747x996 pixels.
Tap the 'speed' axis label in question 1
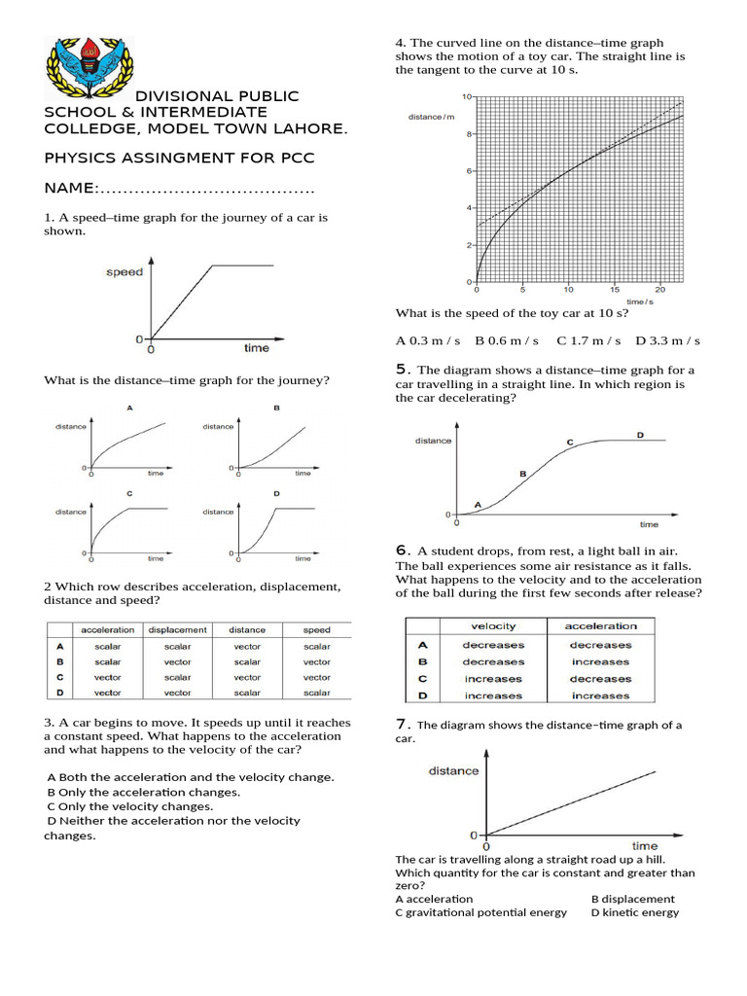coord(124,272)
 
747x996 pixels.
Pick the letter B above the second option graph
coord(276,408)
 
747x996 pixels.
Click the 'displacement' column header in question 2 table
coord(178,629)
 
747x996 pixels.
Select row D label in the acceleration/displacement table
coord(60,693)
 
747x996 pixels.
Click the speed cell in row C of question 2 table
coord(317,677)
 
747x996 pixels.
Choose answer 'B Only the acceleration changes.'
coord(143,792)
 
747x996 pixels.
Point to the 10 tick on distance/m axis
coord(467,97)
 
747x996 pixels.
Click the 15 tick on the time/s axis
coord(615,290)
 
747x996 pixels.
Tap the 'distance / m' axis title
coord(431,117)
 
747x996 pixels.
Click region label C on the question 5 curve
coord(570,443)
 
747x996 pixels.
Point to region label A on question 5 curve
coord(478,504)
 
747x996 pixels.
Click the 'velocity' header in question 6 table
coord(493,625)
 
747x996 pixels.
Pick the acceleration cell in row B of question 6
coord(600,661)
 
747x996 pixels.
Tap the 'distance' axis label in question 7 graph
coord(453,770)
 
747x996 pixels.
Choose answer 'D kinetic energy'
coord(635,912)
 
